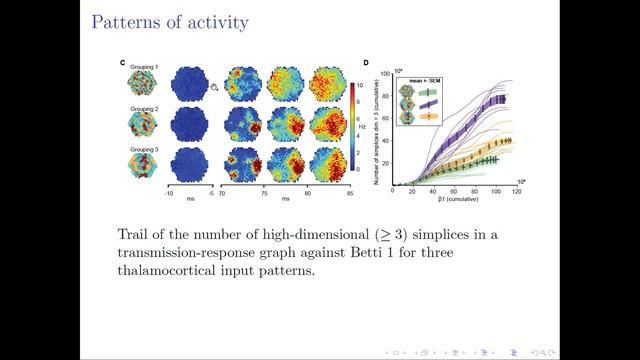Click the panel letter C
pyautogui.click(x=123, y=64)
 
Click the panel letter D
pyautogui.click(x=366, y=64)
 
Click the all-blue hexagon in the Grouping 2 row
pyautogui.click(x=188, y=126)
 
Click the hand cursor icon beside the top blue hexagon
pyautogui.click(x=214, y=87)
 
